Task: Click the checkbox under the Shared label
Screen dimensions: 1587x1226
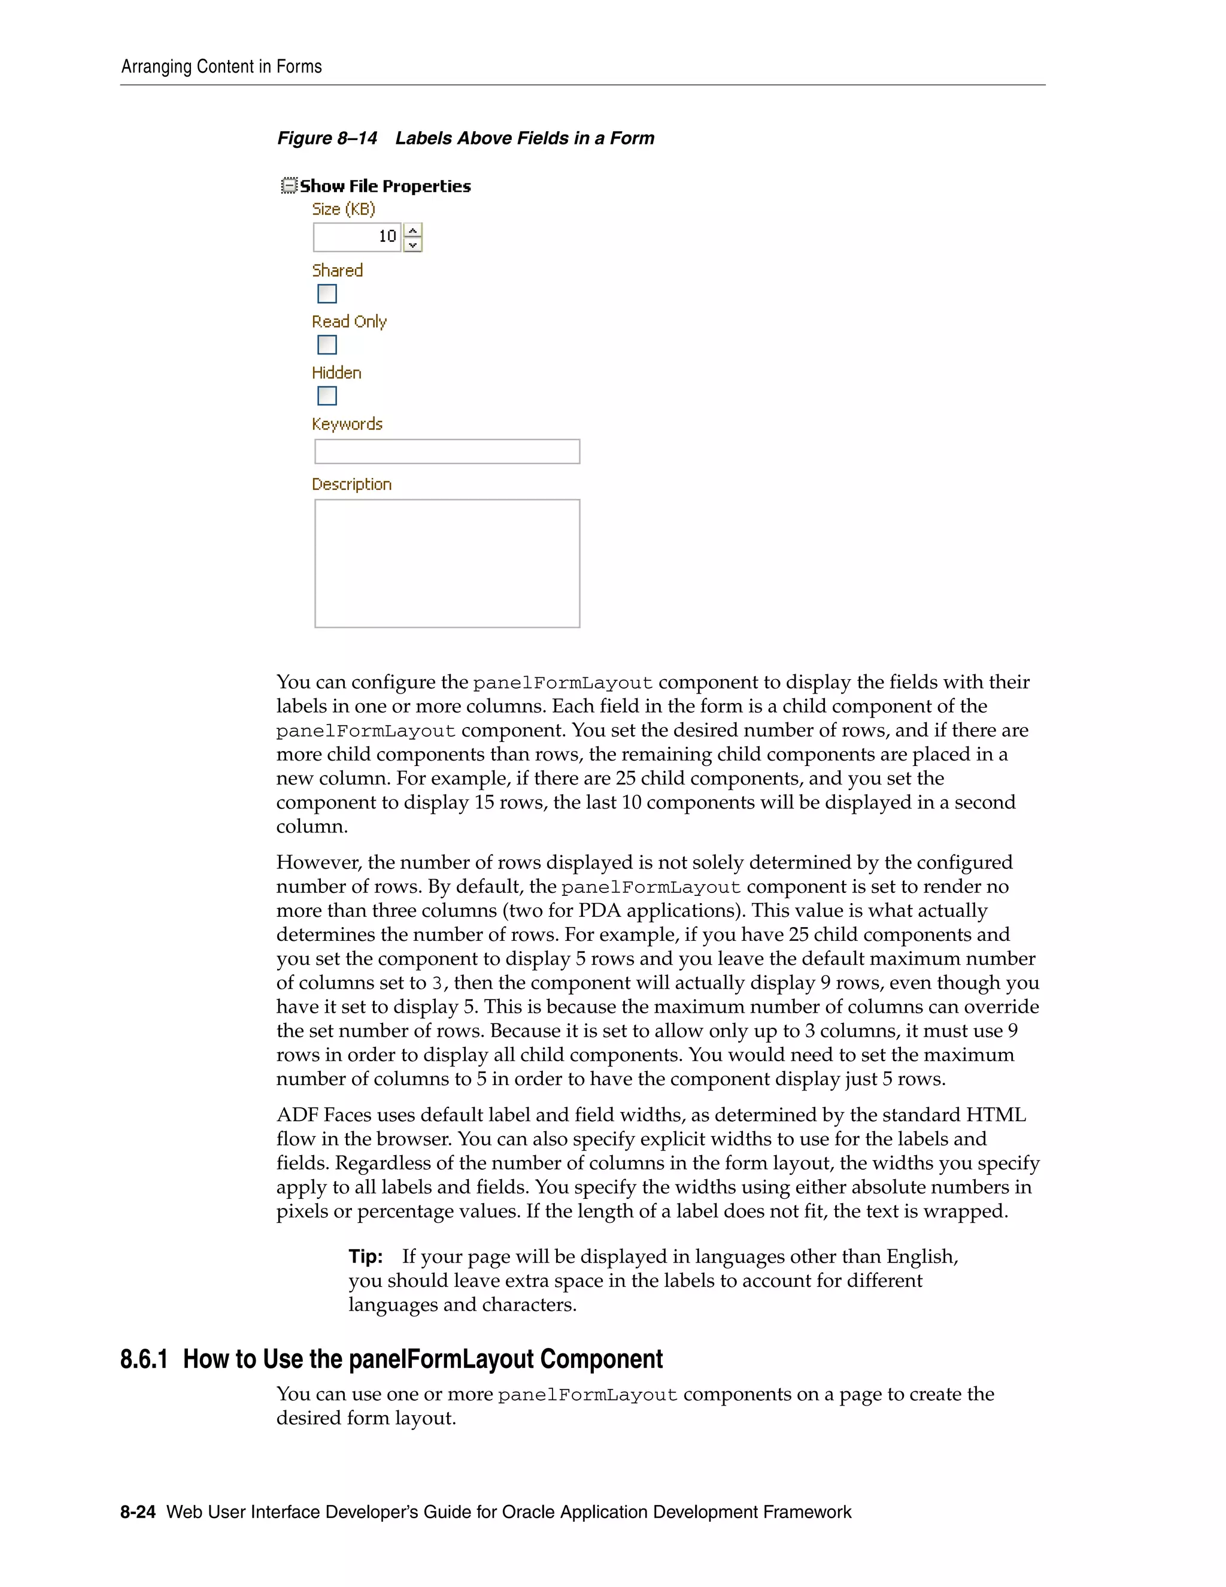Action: pos(327,293)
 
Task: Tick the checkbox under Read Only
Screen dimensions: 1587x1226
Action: pos(327,344)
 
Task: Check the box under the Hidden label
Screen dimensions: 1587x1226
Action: pos(327,396)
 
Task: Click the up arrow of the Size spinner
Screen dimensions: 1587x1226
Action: pos(412,231)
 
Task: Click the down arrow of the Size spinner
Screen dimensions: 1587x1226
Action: pos(412,245)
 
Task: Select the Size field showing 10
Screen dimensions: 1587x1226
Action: pos(357,237)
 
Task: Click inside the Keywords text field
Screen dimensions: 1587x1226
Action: pos(447,452)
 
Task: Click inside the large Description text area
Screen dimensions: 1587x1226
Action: pos(447,563)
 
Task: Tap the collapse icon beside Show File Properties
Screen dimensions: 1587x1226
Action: pos(289,186)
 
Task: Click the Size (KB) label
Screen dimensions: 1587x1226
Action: pos(344,209)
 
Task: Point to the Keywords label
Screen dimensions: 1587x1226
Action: pos(347,423)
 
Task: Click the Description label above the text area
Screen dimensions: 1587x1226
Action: pos(351,484)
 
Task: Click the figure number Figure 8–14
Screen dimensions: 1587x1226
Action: pos(327,138)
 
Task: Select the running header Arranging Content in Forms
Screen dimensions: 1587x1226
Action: pos(221,67)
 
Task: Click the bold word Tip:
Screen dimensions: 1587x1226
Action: pos(365,1256)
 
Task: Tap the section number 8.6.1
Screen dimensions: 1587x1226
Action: pos(144,1359)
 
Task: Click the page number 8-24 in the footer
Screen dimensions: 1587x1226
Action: pos(138,1512)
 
